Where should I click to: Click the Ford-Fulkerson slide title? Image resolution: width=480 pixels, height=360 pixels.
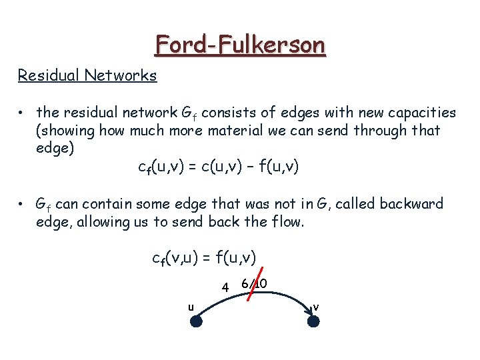(x=240, y=45)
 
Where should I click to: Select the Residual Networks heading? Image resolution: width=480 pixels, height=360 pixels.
(x=87, y=75)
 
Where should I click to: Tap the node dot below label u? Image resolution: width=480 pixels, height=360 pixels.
(x=196, y=321)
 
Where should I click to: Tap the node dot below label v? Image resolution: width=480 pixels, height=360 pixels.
(x=314, y=321)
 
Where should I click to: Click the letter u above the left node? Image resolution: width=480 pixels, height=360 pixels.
(x=191, y=307)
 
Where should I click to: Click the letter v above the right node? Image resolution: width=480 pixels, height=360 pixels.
(x=315, y=307)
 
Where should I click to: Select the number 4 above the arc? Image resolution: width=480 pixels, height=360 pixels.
(x=226, y=287)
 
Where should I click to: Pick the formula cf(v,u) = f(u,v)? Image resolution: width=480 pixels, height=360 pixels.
(x=204, y=257)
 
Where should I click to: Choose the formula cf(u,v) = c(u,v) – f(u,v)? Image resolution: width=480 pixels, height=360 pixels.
(x=218, y=166)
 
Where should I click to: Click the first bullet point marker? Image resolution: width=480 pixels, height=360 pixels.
(x=22, y=113)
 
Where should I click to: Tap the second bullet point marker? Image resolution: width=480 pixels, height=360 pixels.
(x=22, y=204)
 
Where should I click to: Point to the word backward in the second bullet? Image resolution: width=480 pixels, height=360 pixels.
(x=413, y=204)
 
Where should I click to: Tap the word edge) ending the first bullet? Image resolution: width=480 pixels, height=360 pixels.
(x=54, y=148)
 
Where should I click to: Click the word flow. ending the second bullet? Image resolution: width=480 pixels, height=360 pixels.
(x=286, y=222)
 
